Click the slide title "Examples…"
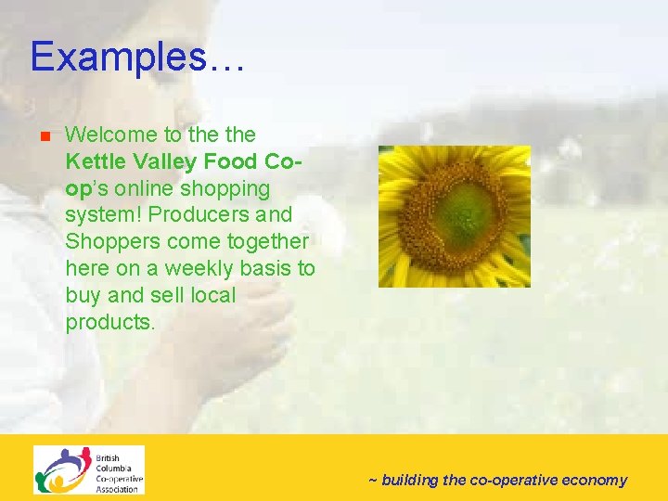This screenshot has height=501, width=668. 137,58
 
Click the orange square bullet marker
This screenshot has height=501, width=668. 43,136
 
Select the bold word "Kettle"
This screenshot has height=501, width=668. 91,162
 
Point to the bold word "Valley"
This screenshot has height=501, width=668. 161,162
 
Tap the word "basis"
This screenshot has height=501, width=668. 265,269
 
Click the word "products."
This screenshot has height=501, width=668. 109,323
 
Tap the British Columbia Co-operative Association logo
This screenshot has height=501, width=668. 89,469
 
